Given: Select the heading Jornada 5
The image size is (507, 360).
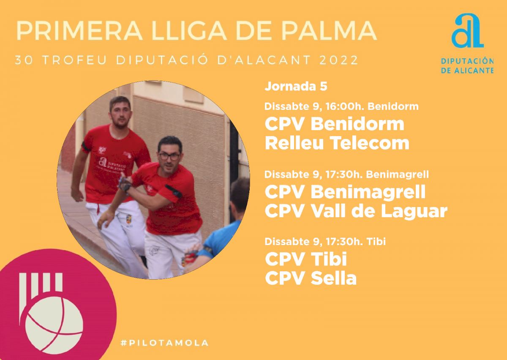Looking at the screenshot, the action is click(296, 86).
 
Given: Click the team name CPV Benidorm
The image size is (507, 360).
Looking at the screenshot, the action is click(335, 124).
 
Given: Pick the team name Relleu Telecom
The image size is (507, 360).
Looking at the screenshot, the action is click(337, 143).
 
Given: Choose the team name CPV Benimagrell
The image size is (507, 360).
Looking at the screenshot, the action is click(345, 192).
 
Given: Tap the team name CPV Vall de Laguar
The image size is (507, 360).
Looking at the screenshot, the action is click(356, 211).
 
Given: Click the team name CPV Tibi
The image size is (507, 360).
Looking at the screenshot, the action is click(306, 259).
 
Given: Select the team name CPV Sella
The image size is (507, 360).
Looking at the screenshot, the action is click(311, 278).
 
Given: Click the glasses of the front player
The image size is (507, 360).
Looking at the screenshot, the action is click(169, 156).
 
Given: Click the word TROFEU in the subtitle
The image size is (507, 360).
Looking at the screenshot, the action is click(74, 60).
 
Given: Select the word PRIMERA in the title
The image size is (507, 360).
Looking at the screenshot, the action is click(79, 31).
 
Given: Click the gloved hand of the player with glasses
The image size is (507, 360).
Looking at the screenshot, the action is click(125, 185).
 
